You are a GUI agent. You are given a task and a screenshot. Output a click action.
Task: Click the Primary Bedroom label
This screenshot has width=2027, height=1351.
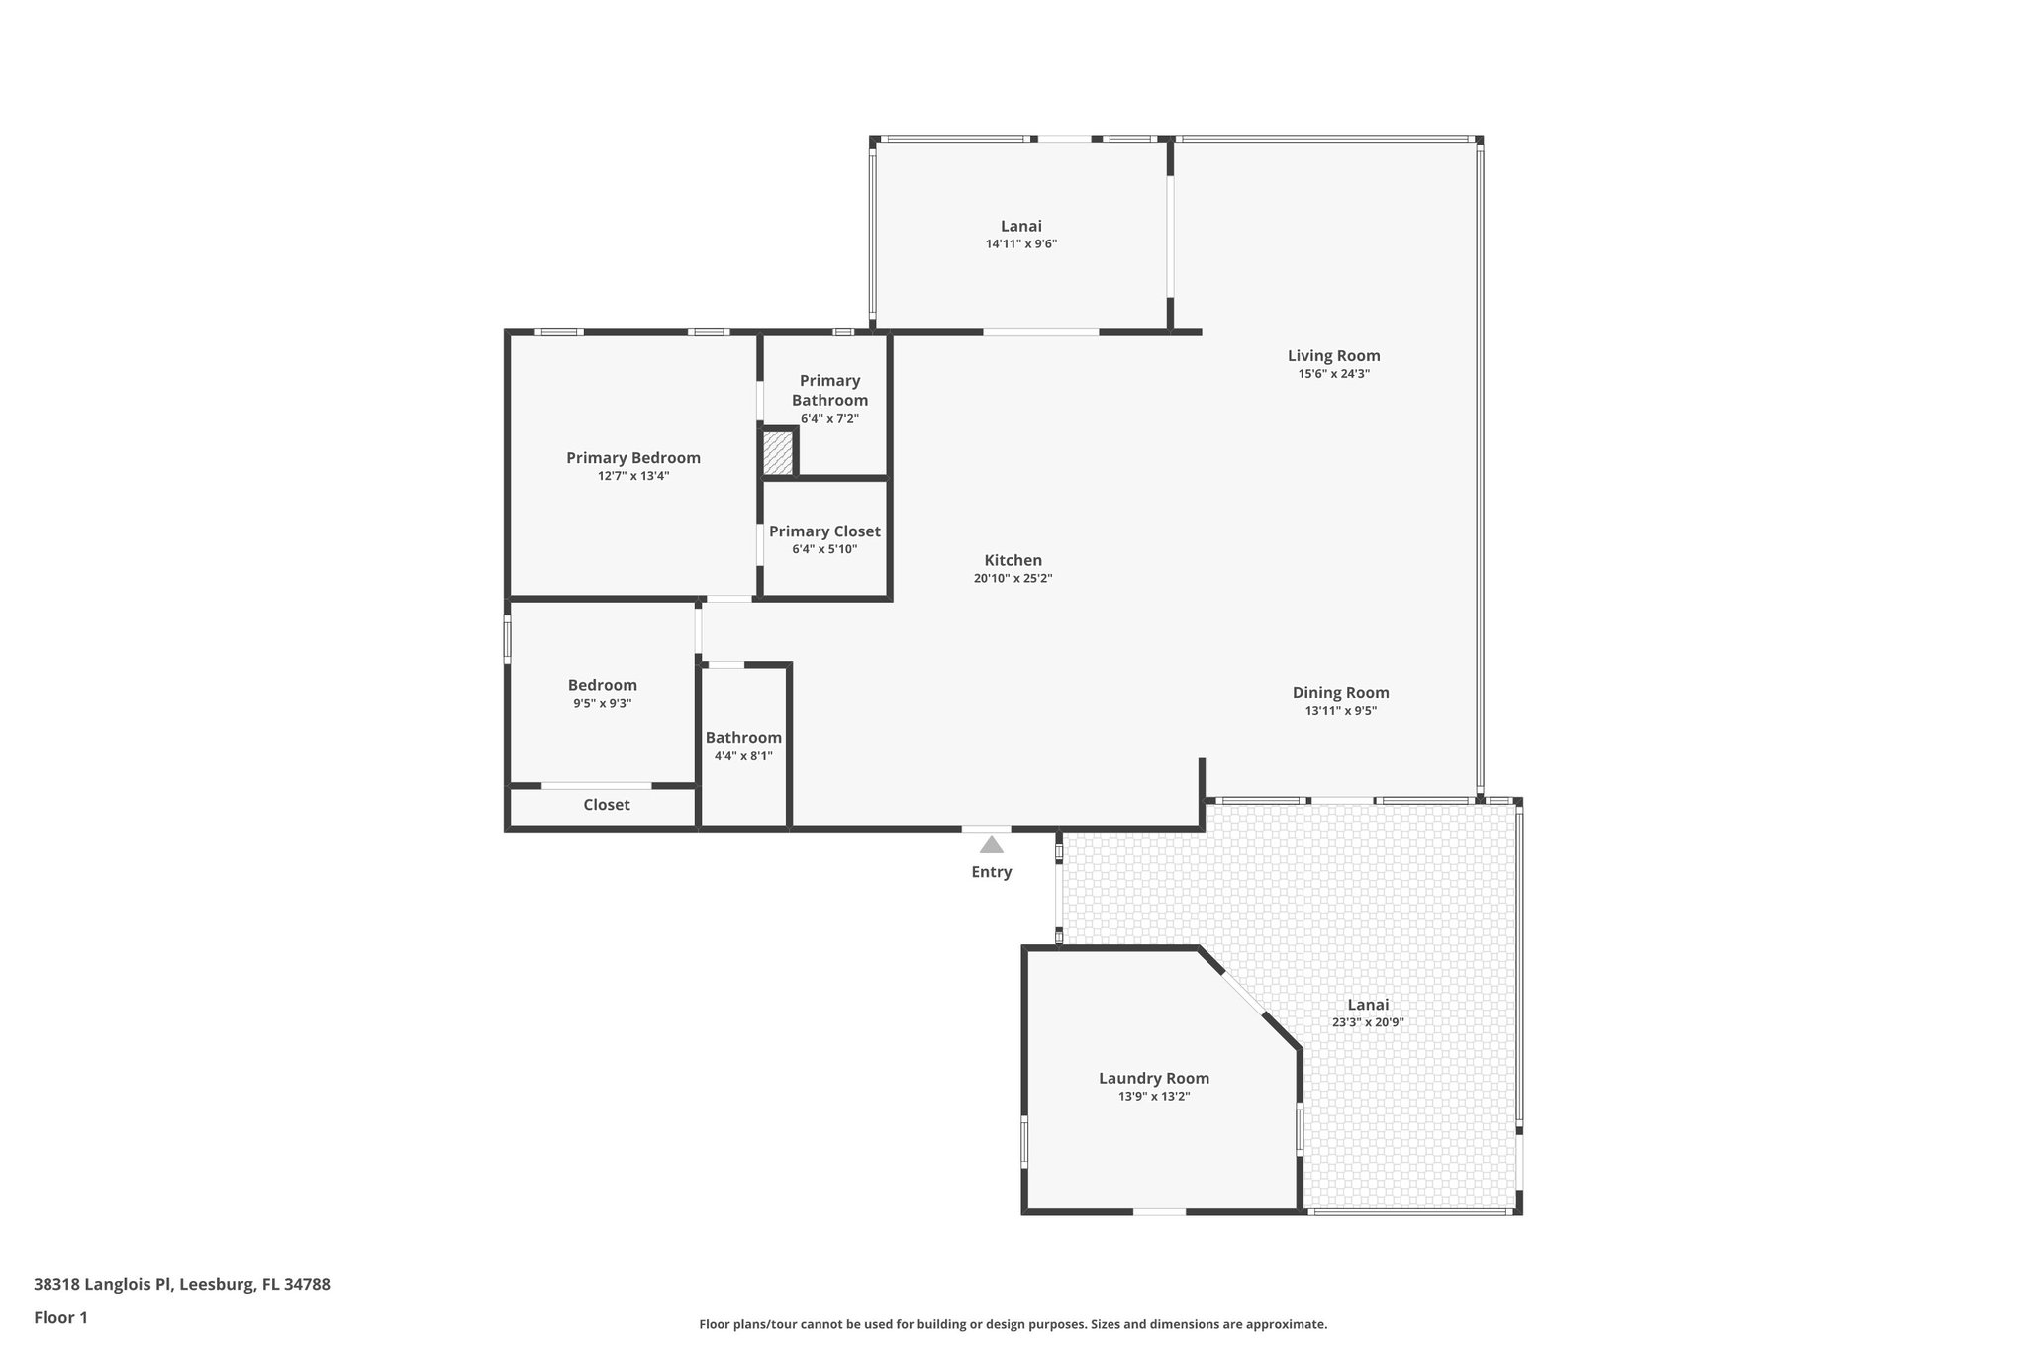pyautogui.click(x=633, y=457)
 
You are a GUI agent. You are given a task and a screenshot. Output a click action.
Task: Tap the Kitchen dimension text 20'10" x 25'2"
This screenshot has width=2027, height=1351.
pyautogui.click(x=1013, y=579)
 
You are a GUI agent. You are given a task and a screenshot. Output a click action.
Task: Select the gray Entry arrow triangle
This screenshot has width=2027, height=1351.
pyautogui.click(x=991, y=844)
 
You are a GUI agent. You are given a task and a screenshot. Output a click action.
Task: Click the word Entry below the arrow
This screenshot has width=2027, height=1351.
pyautogui.click(x=991, y=872)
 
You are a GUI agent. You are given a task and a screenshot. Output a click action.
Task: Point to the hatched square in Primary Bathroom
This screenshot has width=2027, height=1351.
pyautogui.click(x=778, y=452)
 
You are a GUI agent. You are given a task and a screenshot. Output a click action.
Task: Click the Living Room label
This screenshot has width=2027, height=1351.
pyautogui.click(x=1333, y=355)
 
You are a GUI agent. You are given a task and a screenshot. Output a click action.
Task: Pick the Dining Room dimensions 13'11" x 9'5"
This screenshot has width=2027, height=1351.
pyautogui.click(x=1340, y=711)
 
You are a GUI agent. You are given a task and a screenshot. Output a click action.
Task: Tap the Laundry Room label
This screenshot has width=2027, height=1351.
pyautogui.click(x=1153, y=1078)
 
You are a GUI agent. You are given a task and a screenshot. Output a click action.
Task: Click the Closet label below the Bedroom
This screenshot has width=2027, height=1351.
pyautogui.click(x=606, y=805)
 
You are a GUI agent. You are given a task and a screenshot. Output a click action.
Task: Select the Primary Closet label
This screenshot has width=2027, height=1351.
pyautogui.click(x=824, y=531)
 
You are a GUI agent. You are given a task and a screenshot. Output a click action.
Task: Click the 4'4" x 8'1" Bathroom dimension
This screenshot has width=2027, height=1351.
pyautogui.click(x=743, y=756)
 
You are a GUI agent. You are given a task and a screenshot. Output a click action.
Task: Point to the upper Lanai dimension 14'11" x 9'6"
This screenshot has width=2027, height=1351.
pyautogui.click(x=1020, y=243)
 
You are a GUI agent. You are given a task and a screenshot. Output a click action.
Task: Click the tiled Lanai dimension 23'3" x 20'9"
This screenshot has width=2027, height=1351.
pyautogui.click(x=1368, y=1022)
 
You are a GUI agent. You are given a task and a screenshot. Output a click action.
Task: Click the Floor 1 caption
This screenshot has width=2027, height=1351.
pyautogui.click(x=60, y=1317)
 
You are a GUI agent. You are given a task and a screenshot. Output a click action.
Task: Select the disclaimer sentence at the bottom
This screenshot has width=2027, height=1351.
pyautogui.click(x=1013, y=1324)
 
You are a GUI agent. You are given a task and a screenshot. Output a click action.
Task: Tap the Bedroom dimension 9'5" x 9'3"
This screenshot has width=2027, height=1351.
pyautogui.click(x=602, y=703)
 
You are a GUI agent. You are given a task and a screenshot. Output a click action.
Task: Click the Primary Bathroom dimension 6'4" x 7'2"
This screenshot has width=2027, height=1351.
pyautogui.click(x=829, y=419)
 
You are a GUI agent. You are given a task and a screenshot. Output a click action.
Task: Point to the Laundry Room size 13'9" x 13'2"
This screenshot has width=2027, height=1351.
pyautogui.click(x=1153, y=1097)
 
